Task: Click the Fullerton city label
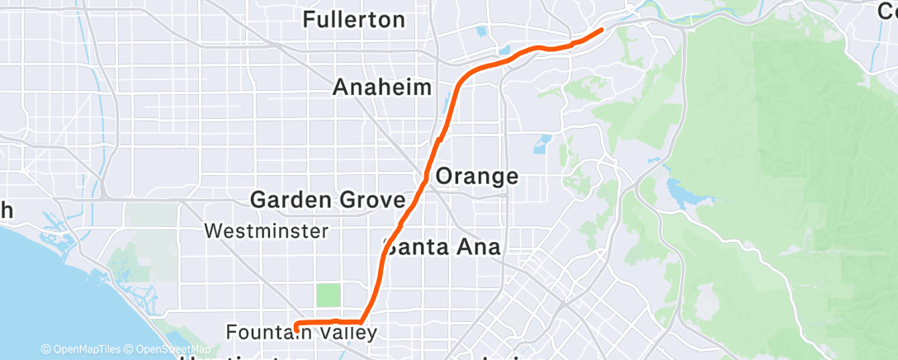coord(365,20)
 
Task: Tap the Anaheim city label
coord(383,88)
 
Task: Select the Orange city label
coord(476,176)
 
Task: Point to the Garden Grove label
coord(327,200)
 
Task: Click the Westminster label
coord(266,231)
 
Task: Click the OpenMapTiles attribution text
coord(80,350)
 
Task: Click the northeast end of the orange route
coord(601,30)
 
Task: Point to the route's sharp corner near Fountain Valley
coord(362,320)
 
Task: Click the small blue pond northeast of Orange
coord(542,144)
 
